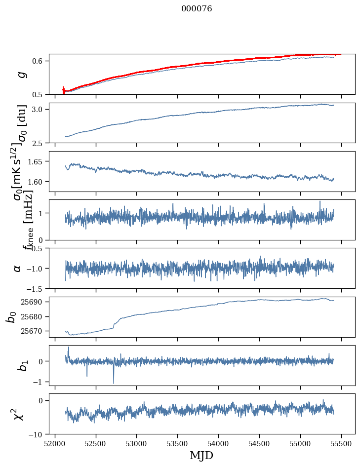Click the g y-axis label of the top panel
[x=21, y=74]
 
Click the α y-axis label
[x=18, y=268]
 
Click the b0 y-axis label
[x=11, y=316]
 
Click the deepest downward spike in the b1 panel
[x=114, y=383]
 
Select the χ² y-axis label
[x=19, y=414]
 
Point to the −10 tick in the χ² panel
[x=38, y=434]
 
